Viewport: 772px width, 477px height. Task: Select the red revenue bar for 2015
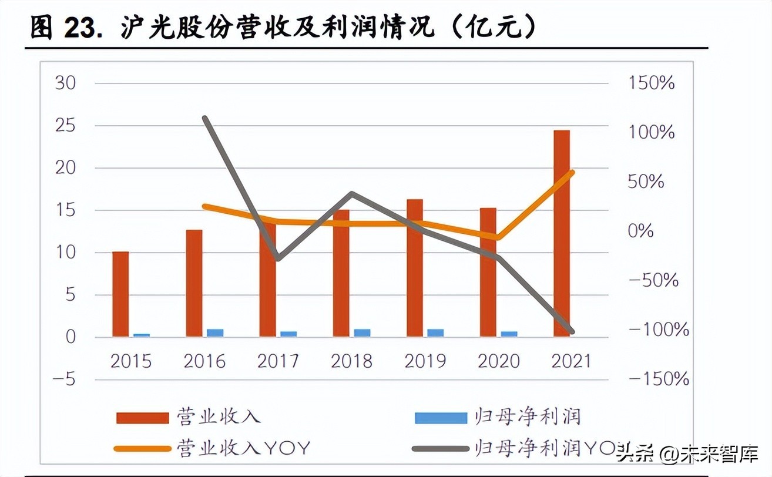tap(120, 294)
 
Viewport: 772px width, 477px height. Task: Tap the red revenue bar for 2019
tap(415, 267)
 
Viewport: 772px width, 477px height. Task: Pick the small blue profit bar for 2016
tap(215, 332)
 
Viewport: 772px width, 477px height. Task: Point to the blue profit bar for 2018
tap(362, 332)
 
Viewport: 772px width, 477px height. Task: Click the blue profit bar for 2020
tap(509, 334)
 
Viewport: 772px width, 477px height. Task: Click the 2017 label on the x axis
tap(278, 360)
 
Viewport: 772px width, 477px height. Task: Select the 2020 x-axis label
tap(499, 360)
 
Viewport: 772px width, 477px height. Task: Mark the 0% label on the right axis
tap(640, 231)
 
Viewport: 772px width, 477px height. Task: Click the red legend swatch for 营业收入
tap(142, 418)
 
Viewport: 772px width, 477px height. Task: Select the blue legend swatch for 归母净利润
tap(441, 418)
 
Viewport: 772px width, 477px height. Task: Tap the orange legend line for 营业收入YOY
tap(142, 449)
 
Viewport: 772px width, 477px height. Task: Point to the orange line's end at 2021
tap(572, 172)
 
